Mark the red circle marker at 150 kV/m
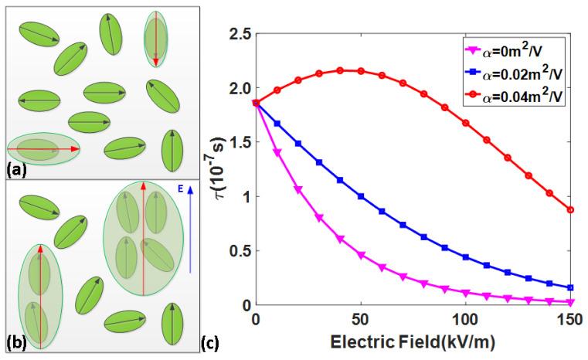pos(570,210)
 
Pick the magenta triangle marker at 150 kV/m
pos(570,302)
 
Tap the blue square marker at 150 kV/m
pos(570,287)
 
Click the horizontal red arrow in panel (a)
pos(43,148)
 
